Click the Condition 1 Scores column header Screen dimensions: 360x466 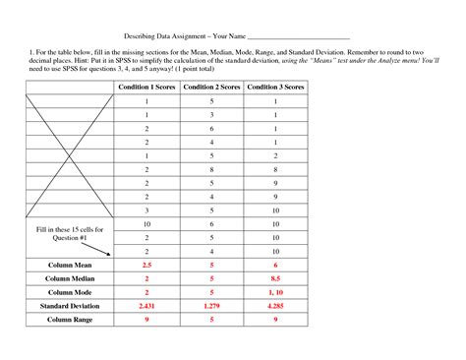[147, 88]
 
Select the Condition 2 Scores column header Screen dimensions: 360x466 [211, 88]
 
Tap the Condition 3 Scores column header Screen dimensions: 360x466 [275, 88]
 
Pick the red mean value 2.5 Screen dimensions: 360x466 [147, 266]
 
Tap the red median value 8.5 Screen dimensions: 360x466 [276, 279]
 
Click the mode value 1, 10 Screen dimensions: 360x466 [276, 293]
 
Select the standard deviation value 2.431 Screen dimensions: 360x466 [147, 307]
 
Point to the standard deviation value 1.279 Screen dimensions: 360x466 [211, 307]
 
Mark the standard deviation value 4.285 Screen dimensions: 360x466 [276, 307]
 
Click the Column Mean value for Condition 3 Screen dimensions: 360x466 [276, 266]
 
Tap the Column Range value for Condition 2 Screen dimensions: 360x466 [211, 321]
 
